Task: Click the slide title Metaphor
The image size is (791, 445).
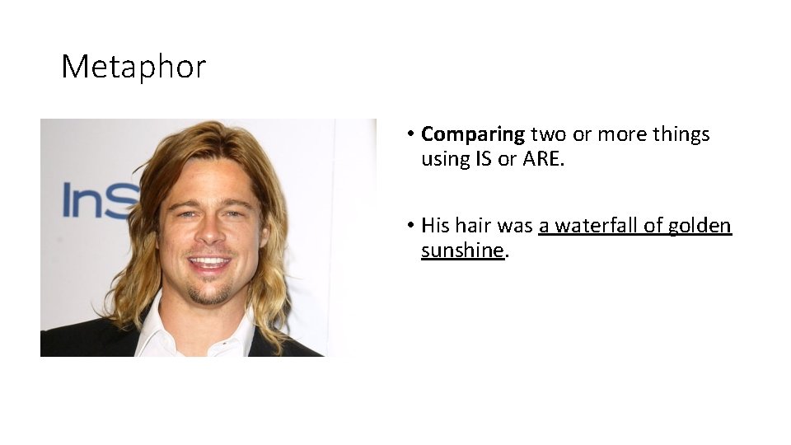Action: point(133,66)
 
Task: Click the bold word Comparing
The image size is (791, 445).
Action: point(473,134)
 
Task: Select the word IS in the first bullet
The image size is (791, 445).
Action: point(483,159)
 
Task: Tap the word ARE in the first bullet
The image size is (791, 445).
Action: point(542,159)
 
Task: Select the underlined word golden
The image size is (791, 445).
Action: point(700,226)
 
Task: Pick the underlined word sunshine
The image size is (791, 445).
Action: point(461,251)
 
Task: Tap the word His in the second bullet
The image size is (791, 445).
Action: point(435,226)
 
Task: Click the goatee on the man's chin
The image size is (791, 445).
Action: point(210,293)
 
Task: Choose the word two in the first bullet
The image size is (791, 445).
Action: point(547,134)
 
